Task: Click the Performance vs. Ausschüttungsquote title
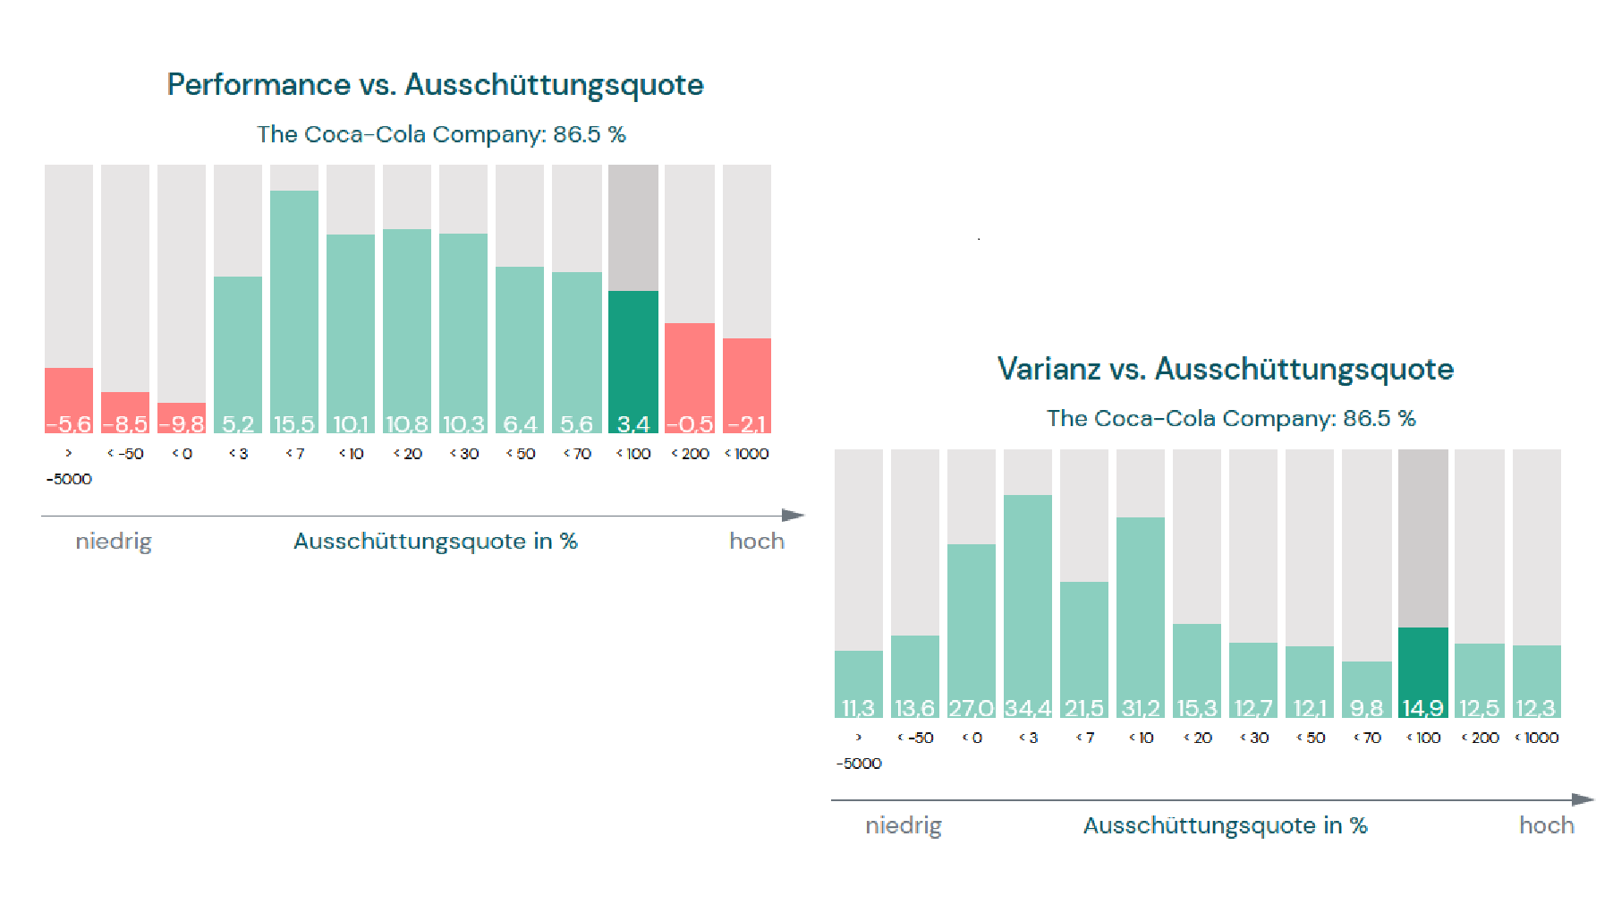[435, 84]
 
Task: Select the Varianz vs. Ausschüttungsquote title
[1225, 369]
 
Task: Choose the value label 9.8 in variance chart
[1366, 708]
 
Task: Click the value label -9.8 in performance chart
[182, 423]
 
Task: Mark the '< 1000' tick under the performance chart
[747, 454]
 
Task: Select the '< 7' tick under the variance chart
[1084, 738]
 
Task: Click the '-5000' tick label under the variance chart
[859, 764]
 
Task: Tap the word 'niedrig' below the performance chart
[114, 542]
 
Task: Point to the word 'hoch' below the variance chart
[1546, 825]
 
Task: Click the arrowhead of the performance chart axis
[793, 516]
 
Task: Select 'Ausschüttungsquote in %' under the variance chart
[1225, 825]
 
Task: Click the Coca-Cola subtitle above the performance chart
[441, 134]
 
